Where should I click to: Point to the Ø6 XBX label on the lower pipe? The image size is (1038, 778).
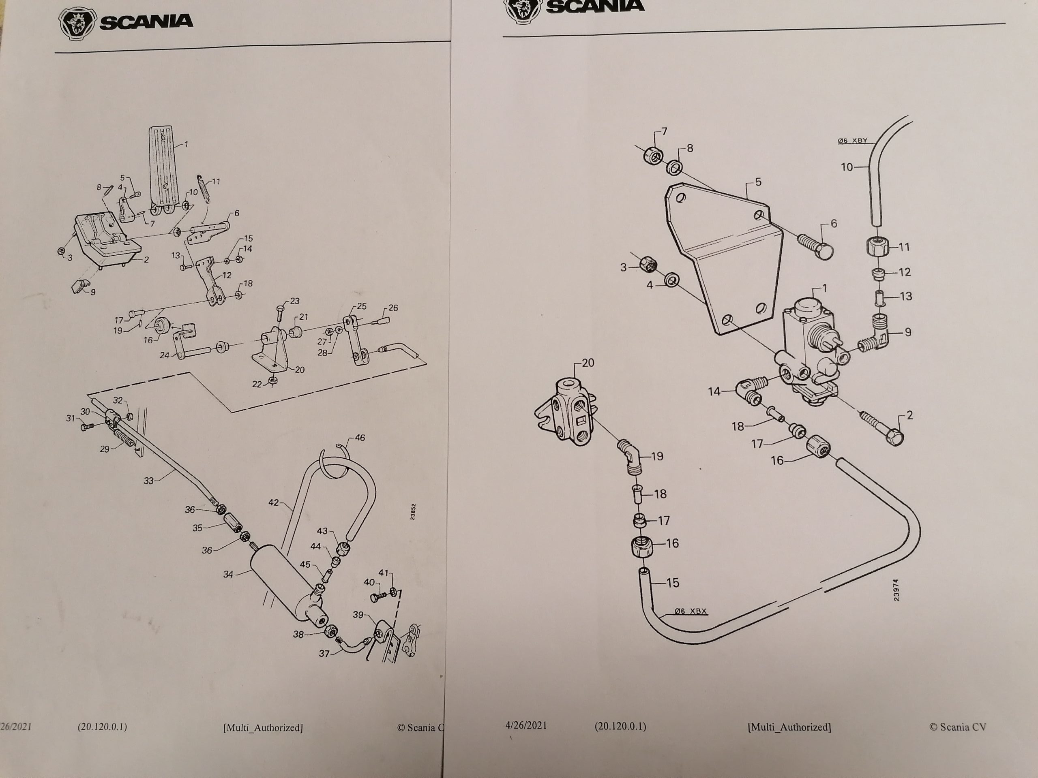tap(690, 611)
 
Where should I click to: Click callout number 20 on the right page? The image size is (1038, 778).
tap(588, 363)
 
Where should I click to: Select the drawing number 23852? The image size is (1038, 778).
tap(412, 512)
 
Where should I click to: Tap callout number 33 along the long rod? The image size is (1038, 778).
tap(149, 480)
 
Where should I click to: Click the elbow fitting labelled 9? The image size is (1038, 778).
tap(877, 335)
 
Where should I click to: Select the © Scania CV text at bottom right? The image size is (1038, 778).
tap(957, 727)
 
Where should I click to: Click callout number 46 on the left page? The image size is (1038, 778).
tap(360, 438)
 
